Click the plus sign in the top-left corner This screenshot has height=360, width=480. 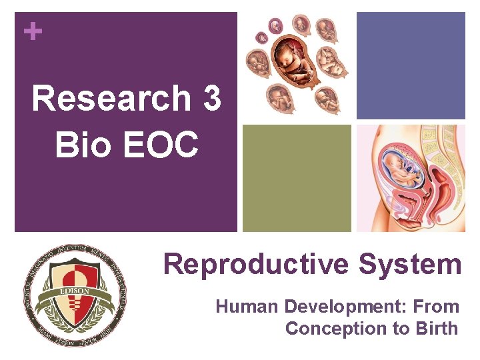click(29, 31)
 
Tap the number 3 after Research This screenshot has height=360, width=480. click(209, 98)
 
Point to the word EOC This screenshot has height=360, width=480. click(161, 143)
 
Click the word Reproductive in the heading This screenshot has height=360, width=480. click(257, 265)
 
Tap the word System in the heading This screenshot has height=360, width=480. click(409, 264)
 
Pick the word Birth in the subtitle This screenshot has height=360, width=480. click(434, 329)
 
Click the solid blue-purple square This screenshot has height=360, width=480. click(410, 65)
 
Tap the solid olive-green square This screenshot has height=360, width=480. click(297, 178)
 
